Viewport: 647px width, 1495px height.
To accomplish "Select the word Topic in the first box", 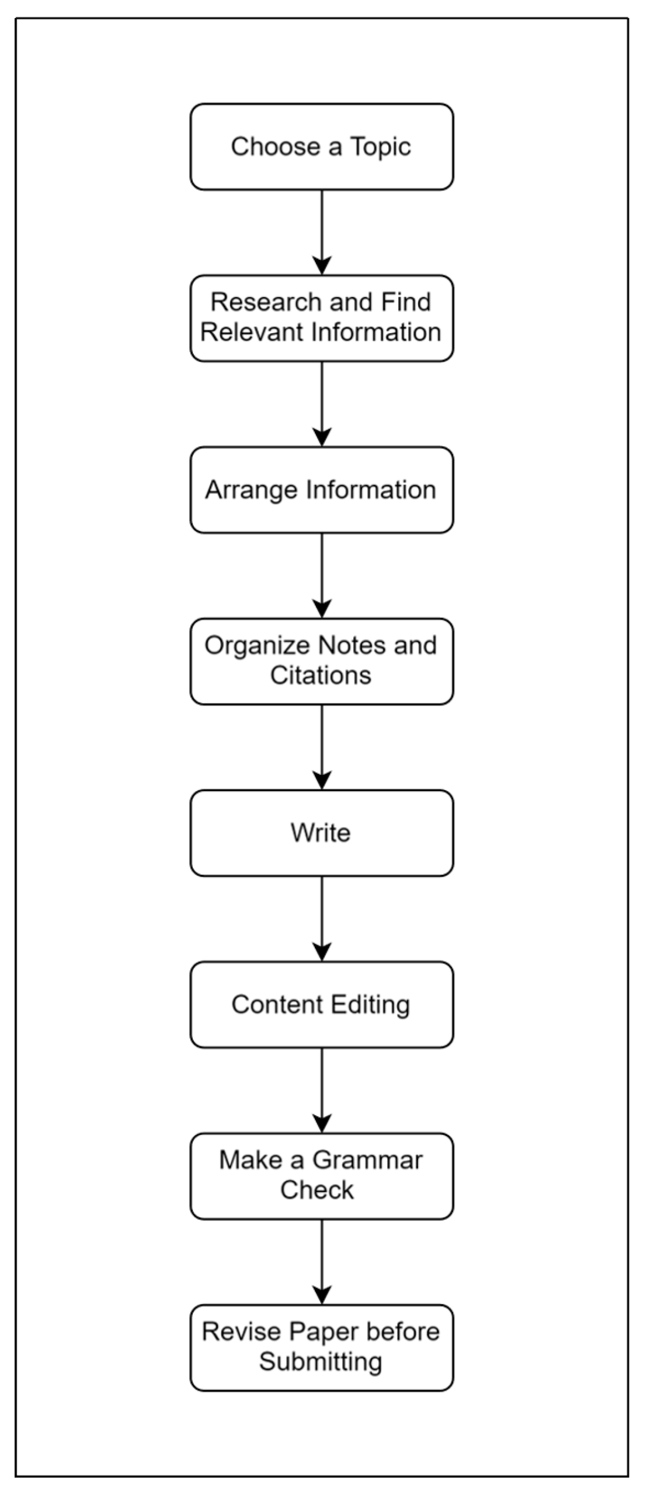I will (x=380, y=147).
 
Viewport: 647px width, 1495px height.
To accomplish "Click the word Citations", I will (x=320, y=676).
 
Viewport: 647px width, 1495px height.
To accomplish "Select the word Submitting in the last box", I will (x=320, y=1362).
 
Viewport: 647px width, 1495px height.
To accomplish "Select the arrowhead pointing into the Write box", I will (x=322, y=781).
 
